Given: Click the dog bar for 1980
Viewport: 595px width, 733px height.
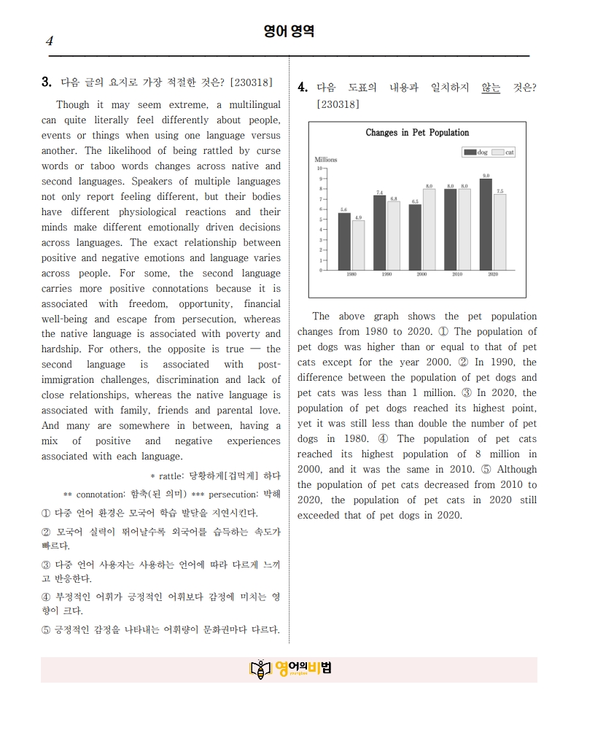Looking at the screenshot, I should (x=344, y=241).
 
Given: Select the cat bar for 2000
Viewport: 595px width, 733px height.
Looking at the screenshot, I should (x=429, y=229).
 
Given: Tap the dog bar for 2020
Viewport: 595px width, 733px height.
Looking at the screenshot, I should (x=486, y=224).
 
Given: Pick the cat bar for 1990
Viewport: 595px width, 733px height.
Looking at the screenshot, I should (x=393, y=235).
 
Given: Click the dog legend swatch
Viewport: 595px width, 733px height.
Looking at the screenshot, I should (x=470, y=152).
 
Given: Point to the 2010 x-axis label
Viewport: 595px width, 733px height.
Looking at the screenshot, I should (x=457, y=275).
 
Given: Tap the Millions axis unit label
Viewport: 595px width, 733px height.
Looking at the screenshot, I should (x=325, y=159).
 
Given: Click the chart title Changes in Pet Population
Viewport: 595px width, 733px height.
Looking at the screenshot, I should (x=417, y=133).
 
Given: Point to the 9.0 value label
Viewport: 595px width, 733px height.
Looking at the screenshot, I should (x=486, y=176).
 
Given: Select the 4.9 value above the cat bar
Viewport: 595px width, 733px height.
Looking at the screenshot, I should (x=358, y=217).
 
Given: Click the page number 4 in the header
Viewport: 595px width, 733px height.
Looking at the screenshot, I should (x=49, y=41).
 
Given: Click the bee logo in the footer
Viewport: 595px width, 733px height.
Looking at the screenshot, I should (x=260, y=669).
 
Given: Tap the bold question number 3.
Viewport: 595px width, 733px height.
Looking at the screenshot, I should (x=46, y=82).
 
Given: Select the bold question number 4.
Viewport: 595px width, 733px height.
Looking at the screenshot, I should (x=303, y=88).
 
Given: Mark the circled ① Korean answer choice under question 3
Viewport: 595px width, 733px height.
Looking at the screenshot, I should (x=46, y=513).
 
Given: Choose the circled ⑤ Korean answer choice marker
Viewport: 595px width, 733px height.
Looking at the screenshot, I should (x=46, y=629).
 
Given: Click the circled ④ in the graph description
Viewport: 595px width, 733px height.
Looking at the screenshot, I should (x=383, y=439).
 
